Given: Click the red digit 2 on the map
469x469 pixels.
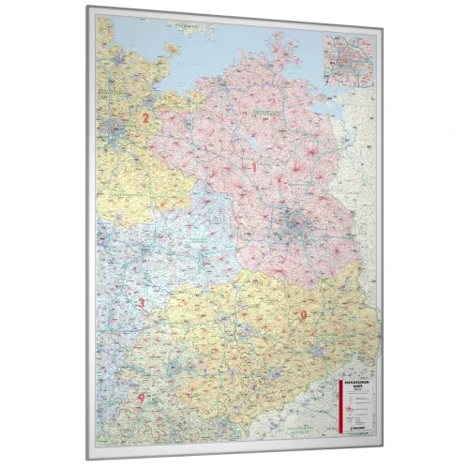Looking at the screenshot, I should (145, 118).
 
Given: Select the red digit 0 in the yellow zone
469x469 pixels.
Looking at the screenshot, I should (302, 314).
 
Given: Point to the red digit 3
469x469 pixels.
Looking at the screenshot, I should (142, 302).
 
